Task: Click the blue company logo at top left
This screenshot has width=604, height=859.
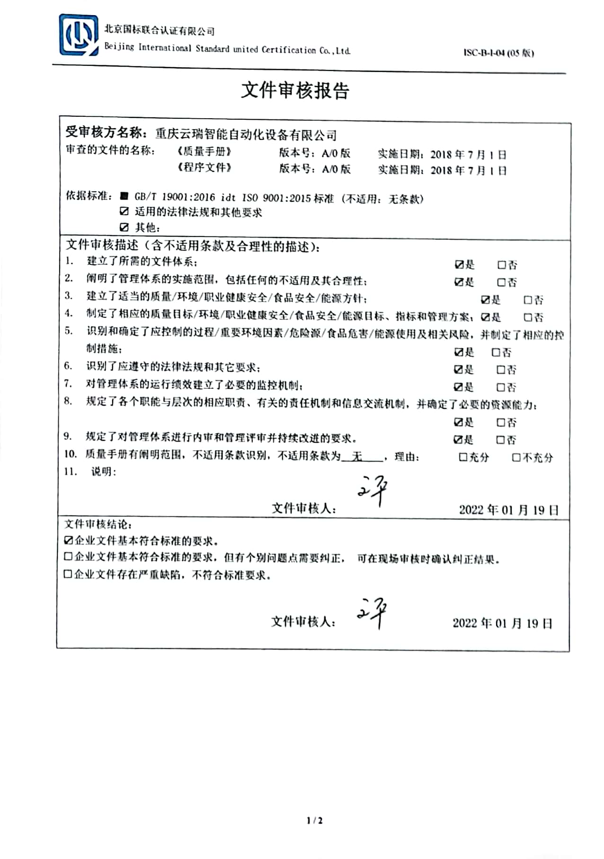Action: pyautogui.click(x=78, y=35)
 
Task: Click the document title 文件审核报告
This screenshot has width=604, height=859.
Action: pyautogui.click(x=295, y=90)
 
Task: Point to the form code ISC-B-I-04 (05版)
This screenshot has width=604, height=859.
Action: pyautogui.click(x=498, y=53)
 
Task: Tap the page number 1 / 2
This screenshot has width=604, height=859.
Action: pyautogui.click(x=314, y=820)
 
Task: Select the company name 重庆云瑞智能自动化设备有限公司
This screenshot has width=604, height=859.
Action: pyautogui.click(x=246, y=135)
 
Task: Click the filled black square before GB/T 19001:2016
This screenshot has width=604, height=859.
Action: pyautogui.click(x=124, y=196)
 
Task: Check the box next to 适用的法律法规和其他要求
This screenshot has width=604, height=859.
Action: pyautogui.click(x=124, y=211)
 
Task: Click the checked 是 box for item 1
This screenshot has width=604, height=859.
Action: pyautogui.click(x=459, y=265)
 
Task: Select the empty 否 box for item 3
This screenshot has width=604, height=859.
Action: pyautogui.click(x=528, y=300)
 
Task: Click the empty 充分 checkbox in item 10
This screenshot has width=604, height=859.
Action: pyautogui.click(x=463, y=457)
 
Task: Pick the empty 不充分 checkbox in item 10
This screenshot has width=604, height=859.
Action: pyautogui.click(x=516, y=457)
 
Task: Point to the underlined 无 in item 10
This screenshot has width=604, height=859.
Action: pyautogui.click(x=358, y=456)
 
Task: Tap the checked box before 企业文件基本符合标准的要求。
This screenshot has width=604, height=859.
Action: pyautogui.click(x=69, y=540)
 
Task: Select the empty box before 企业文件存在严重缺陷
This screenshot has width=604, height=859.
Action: pyautogui.click(x=68, y=574)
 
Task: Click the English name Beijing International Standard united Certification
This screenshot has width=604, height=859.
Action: pyautogui.click(x=227, y=49)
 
